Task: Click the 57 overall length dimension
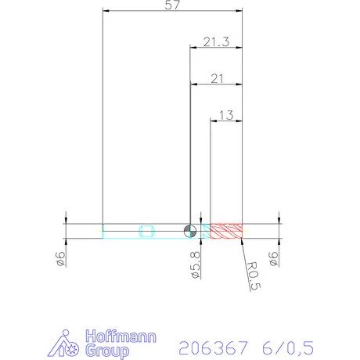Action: click(x=173, y=6)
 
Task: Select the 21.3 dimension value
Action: click(x=215, y=42)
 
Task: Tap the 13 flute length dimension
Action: click(x=226, y=115)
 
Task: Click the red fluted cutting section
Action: click(x=228, y=230)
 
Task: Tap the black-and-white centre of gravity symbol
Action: click(x=189, y=230)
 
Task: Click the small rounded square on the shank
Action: click(x=146, y=230)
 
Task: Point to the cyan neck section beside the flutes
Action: click(x=204, y=230)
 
